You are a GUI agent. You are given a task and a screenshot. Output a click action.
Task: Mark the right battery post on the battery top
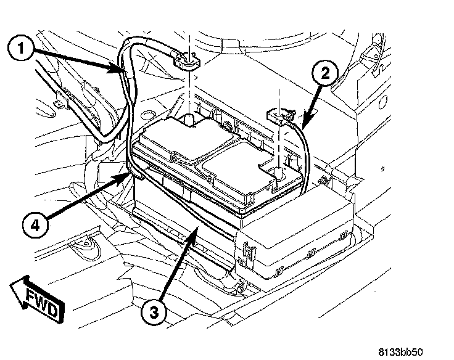278,172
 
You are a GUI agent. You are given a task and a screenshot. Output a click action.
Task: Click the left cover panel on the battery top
176,138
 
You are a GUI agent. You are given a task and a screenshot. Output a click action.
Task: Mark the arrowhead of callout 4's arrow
127,178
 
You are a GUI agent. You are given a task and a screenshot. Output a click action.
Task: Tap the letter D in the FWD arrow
52,312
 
